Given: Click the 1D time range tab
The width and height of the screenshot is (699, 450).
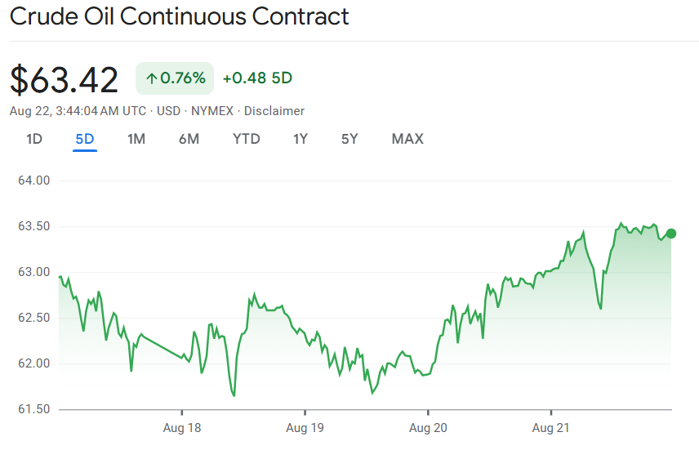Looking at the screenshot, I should pyautogui.click(x=34, y=139).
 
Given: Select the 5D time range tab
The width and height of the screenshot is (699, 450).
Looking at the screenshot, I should pyautogui.click(x=85, y=139).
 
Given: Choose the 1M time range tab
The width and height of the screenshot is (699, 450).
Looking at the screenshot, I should pyautogui.click(x=136, y=139).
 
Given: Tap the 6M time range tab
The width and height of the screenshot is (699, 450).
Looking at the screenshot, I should pyautogui.click(x=189, y=139).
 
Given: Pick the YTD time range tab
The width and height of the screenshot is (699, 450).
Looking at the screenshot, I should pyautogui.click(x=246, y=139).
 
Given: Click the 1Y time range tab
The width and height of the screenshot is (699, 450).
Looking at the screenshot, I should pyautogui.click(x=301, y=139).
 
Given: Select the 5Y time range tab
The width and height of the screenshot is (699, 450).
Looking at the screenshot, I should pyautogui.click(x=349, y=139).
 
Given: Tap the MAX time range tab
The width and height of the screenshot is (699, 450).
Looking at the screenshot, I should pyautogui.click(x=407, y=139).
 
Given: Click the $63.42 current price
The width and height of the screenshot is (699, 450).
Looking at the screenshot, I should pyautogui.click(x=65, y=79).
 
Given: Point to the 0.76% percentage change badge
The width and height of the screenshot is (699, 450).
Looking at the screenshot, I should pyautogui.click(x=175, y=78).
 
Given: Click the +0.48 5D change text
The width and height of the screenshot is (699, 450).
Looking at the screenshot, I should pyautogui.click(x=257, y=78).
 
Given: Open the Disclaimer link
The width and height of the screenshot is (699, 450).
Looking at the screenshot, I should pyautogui.click(x=274, y=111).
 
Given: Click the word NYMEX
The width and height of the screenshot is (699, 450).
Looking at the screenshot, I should pyautogui.click(x=211, y=111).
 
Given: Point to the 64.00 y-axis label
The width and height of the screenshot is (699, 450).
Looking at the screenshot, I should pyautogui.click(x=34, y=180).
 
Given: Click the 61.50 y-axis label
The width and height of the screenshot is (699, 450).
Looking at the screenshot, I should pyautogui.click(x=34, y=409).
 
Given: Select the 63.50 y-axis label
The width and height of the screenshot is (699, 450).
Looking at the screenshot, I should pyautogui.click(x=34, y=226).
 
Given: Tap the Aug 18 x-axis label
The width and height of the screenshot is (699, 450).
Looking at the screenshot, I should pyautogui.click(x=181, y=427).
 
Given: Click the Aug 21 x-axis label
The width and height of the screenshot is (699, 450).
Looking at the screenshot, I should pyautogui.click(x=551, y=427).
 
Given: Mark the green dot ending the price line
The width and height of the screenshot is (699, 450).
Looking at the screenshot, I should pyautogui.click(x=671, y=234).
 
